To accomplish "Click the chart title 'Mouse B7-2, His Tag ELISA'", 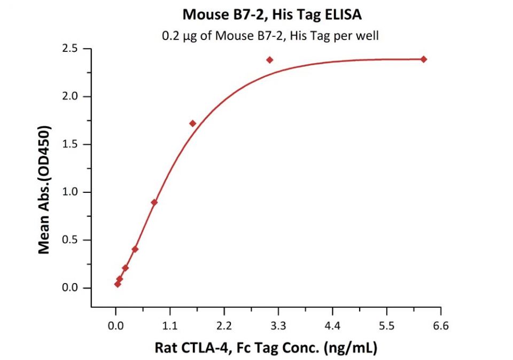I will (272, 14).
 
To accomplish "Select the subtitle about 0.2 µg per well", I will (271, 36).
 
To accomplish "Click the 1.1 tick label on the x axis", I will (170, 325).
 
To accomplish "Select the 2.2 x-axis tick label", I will (224, 325).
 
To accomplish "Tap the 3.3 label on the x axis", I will (278, 325).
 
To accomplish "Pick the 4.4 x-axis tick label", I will (332, 325).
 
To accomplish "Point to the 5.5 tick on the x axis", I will (386, 325).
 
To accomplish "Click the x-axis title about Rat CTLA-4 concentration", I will (266, 348).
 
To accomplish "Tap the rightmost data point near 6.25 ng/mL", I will (424, 59).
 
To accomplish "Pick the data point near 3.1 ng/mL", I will (270, 60).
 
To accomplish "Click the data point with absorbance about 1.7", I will (193, 123).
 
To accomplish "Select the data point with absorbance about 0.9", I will (154, 202).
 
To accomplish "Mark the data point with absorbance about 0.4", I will (135, 249).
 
